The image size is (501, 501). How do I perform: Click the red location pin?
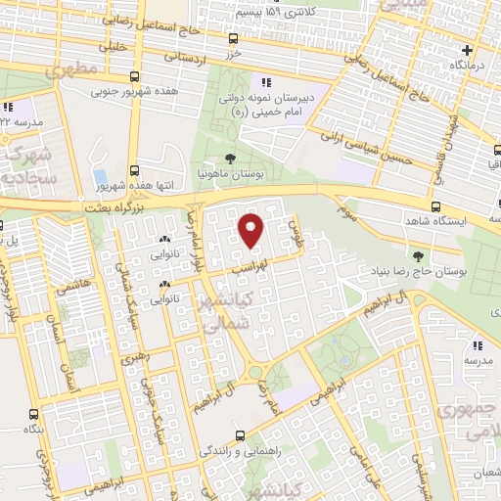click(x=252, y=230)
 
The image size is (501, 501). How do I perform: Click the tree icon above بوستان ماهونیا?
click(x=230, y=159)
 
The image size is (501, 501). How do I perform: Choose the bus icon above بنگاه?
click(x=35, y=413)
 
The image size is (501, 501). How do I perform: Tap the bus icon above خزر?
click(x=232, y=39)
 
